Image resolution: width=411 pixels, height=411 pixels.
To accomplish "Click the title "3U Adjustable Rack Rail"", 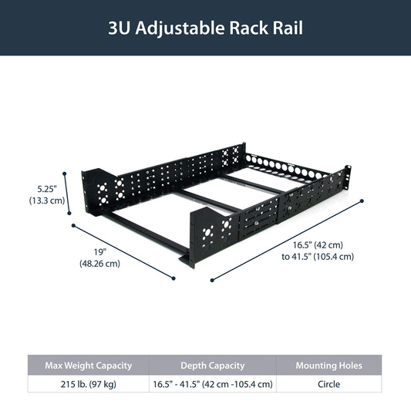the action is (205, 28).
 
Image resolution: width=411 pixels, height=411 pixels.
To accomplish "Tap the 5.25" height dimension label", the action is (47, 189).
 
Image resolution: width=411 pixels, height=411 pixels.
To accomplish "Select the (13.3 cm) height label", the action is (47, 200).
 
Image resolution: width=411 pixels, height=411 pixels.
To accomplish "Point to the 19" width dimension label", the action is (100, 252).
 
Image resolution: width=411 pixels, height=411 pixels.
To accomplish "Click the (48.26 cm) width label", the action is (100, 264).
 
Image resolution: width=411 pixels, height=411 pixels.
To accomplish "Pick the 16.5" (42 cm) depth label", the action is (318, 245).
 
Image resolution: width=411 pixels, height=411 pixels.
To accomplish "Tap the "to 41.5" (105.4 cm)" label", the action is (318, 256).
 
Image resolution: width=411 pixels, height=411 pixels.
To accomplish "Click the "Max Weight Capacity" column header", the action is (89, 366).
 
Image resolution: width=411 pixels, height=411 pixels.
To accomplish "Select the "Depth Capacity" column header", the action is (213, 366).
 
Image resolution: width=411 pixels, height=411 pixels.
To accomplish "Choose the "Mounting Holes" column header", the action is (329, 366).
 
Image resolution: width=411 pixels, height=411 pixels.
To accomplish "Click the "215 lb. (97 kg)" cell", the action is (89, 384).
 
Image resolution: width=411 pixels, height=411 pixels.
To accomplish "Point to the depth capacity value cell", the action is (213, 384).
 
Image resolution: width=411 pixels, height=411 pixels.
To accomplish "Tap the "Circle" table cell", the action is (329, 384).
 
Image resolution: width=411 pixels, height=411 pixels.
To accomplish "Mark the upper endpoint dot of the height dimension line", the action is (64, 173).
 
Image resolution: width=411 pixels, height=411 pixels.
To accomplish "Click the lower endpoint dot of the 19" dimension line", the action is (173, 278).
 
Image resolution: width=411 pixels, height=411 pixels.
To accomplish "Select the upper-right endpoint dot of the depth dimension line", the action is (362, 201).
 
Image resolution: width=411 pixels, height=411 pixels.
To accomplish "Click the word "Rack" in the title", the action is (248, 28).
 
